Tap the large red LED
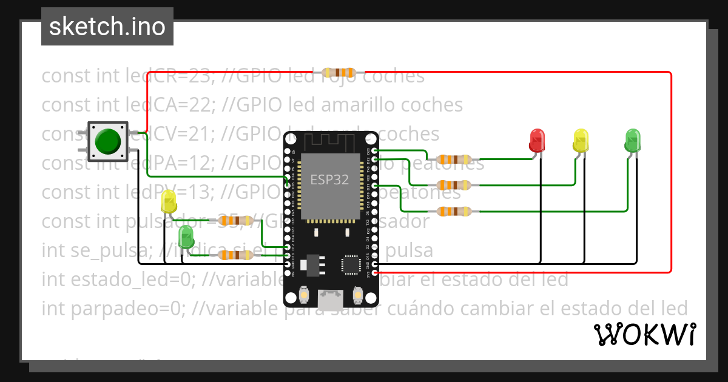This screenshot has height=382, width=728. click(x=537, y=139)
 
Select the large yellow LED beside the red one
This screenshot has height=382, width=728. click(x=581, y=140)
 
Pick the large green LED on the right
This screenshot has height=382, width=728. click(x=632, y=139)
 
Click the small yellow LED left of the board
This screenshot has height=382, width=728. click(x=169, y=202)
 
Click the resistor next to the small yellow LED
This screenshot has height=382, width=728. click(x=235, y=221)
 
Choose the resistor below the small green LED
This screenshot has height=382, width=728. click(x=235, y=255)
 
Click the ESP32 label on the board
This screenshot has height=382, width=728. click(x=329, y=179)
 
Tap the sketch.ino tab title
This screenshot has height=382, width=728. click(x=107, y=27)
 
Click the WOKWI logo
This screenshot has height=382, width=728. click(x=644, y=334)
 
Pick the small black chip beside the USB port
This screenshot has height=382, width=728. click(x=351, y=264)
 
